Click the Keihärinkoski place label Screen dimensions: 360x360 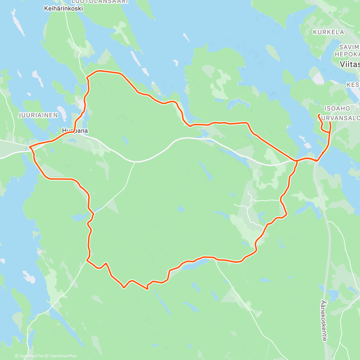click(63, 9)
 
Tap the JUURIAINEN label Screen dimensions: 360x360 click(38, 115)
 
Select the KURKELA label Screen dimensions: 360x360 click(328, 32)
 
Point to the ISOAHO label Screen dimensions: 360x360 click(337, 108)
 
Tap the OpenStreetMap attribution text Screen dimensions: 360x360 click(63, 356)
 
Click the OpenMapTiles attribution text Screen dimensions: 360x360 click(31, 356)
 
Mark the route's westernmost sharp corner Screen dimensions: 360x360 click(29, 147)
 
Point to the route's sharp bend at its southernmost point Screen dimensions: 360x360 click(147, 289)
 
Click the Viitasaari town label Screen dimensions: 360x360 click(350, 64)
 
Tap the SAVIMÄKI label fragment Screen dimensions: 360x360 click(350, 47)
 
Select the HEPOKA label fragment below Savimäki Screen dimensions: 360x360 click(347, 54)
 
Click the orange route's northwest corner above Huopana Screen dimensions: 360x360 click(87, 77)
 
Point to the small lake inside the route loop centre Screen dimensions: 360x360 click(181, 208)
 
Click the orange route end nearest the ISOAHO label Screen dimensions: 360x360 click(318, 115)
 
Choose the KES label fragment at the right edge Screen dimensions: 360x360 click(353, 85)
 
